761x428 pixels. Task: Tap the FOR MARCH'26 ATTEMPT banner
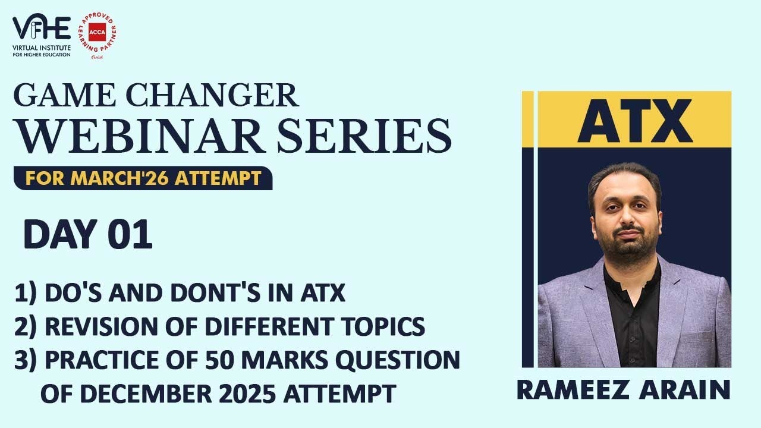point(143,178)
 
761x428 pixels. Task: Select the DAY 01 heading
point(88,235)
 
